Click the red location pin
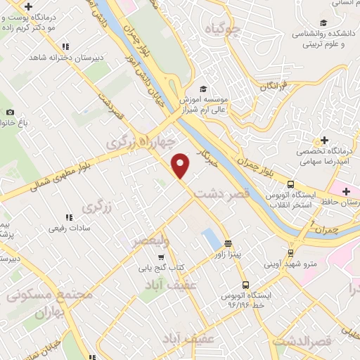tap(181, 165)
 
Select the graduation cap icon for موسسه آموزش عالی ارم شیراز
tap(203, 89)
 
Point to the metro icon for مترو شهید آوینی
tap(290, 253)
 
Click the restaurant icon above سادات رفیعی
tap(69, 217)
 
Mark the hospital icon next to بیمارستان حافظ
tap(346, 191)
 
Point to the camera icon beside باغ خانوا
tap(10, 112)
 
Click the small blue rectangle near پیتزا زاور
tap(210, 239)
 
